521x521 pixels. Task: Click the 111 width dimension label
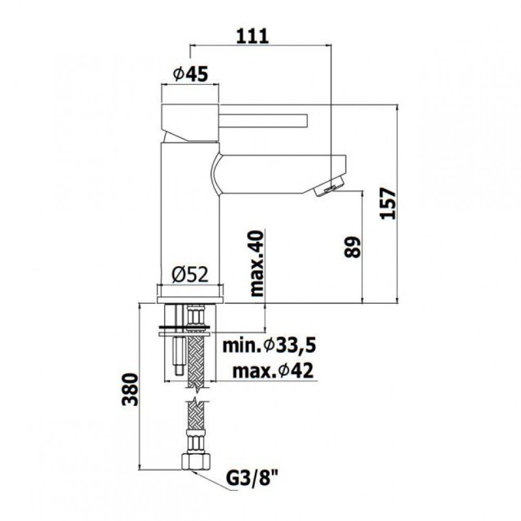pos(252,36)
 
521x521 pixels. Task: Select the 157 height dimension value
pos(388,203)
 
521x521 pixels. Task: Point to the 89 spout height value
pos(353,247)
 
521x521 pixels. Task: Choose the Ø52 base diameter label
pos(190,275)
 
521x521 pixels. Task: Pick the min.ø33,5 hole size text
pos(269,346)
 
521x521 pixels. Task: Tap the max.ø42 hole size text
pos(273,370)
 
